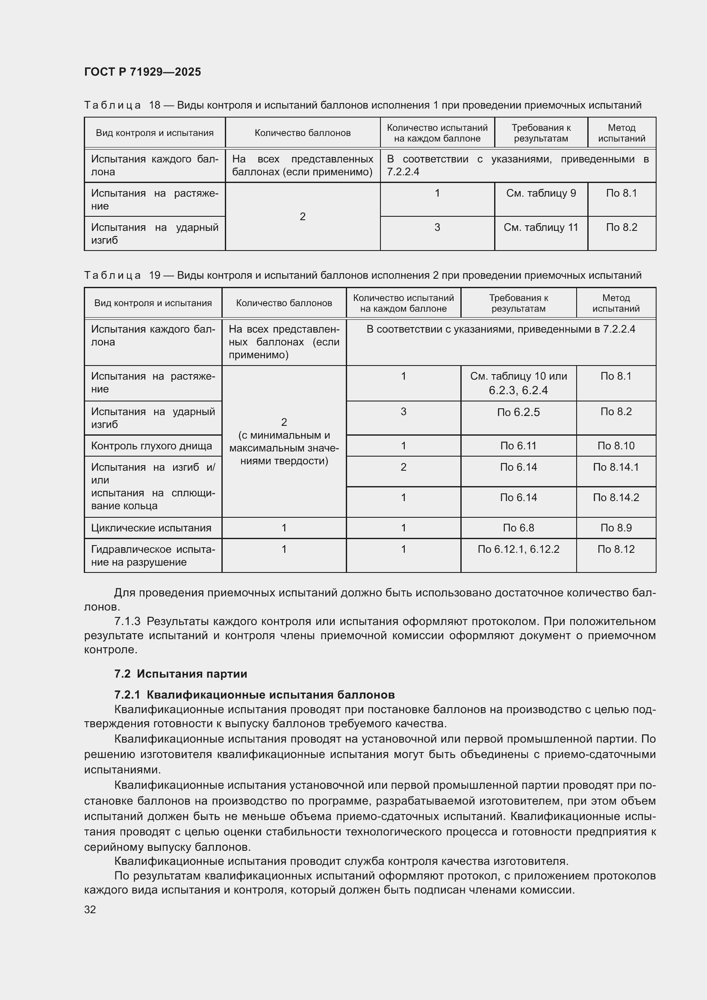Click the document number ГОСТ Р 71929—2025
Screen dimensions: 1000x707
pyautogui.click(x=142, y=72)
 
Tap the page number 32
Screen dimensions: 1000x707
pyautogui.click(x=90, y=909)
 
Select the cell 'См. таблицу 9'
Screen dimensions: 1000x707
pyautogui.click(x=541, y=193)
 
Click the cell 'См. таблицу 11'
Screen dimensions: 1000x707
pyautogui.click(x=541, y=227)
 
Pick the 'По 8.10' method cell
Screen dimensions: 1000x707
pyautogui.click(x=616, y=445)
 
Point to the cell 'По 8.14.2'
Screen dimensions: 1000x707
pyautogui.click(x=616, y=497)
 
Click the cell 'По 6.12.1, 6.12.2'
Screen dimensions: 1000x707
pyautogui.click(x=518, y=549)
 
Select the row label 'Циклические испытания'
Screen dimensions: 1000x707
pyautogui.click(x=151, y=528)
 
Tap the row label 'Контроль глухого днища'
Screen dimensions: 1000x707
pyautogui.click(x=151, y=445)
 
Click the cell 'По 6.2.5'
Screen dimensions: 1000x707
pyautogui.click(x=518, y=412)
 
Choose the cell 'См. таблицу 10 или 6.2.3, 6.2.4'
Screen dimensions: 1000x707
pyautogui.click(x=518, y=383)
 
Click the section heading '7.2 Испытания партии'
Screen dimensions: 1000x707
pyautogui.click(x=180, y=674)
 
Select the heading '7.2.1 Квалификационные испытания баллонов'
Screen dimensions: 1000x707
pyautogui.click(x=254, y=695)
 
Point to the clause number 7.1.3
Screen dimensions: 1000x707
pyautogui.click(x=127, y=621)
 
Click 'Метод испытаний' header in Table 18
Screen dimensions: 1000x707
pyautogui.click(x=621, y=133)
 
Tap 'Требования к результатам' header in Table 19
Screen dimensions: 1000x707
pyautogui.click(x=518, y=303)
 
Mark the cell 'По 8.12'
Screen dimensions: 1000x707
pyautogui.click(x=616, y=549)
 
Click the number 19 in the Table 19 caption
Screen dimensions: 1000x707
pyautogui.click(x=155, y=275)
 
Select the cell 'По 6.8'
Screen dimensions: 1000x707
pyautogui.click(x=518, y=528)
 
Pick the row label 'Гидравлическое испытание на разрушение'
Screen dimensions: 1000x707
pyautogui.click(x=153, y=555)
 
